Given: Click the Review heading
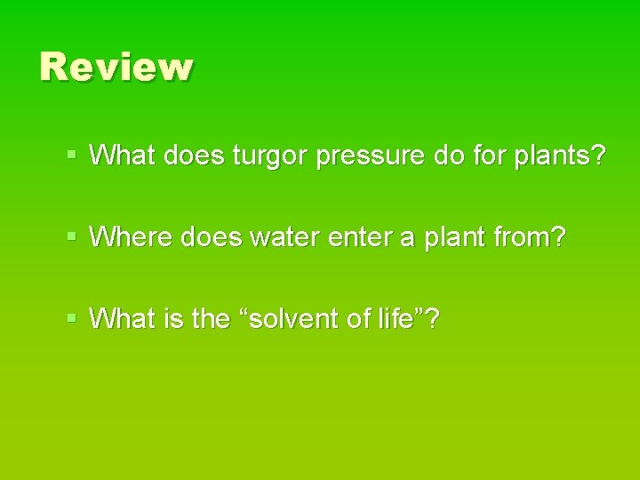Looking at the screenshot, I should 116,68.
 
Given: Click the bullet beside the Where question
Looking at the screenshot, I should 73,237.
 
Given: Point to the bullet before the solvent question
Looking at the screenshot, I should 73,317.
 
